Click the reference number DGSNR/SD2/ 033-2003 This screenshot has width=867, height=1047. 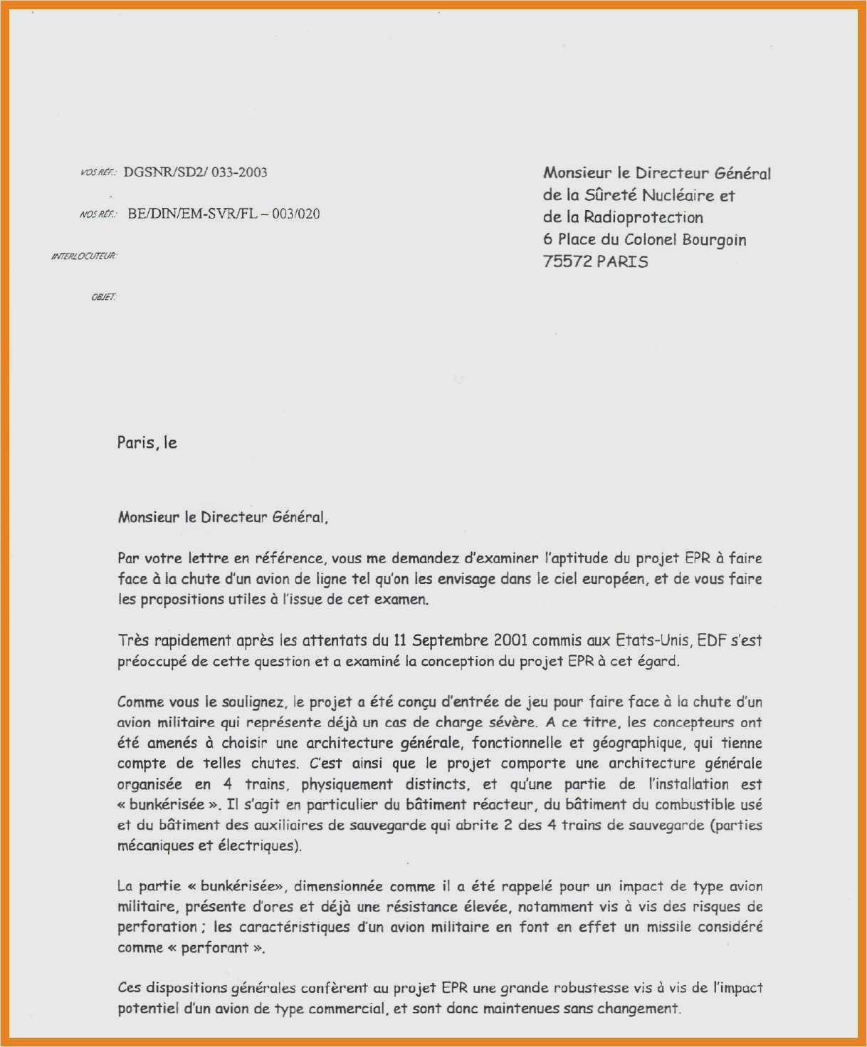pos(195,172)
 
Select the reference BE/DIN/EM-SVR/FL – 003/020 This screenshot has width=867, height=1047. pos(224,214)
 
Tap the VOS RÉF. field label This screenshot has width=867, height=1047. pos(99,172)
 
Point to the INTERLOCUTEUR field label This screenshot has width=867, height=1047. pos(84,256)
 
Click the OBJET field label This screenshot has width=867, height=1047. pos(104,297)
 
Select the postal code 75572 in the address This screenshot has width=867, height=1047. pos(567,262)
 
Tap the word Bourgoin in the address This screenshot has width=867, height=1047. pos(714,240)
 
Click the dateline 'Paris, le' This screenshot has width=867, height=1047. pos(147,443)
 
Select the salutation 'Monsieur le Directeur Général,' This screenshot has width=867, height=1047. pos(223,518)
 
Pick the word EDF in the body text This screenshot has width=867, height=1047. pos(711,640)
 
